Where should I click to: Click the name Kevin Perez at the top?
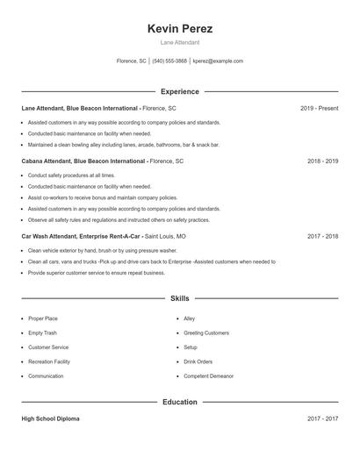[x=180, y=29]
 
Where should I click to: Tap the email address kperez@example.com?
[x=218, y=61]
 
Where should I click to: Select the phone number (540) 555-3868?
[x=169, y=61]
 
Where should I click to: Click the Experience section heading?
[x=180, y=91]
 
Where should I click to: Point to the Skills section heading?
[x=180, y=298]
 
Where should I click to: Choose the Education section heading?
[x=180, y=402]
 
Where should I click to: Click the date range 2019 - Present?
[x=319, y=108]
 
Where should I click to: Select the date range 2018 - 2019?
[x=322, y=161]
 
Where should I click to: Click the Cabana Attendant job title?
[x=54, y=161]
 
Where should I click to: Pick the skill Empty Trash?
[x=42, y=333]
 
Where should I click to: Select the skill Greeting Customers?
[x=206, y=333]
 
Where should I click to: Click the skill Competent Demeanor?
[x=208, y=376]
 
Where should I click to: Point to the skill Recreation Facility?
[x=49, y=361]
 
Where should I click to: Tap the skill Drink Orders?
[x=198, y=361]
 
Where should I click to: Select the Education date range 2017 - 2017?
[x=322, y=418]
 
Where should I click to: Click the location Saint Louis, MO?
[x=165, y=236]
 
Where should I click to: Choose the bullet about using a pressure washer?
[x=90, y=251]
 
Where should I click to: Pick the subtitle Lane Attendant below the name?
[x=180, y=42]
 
